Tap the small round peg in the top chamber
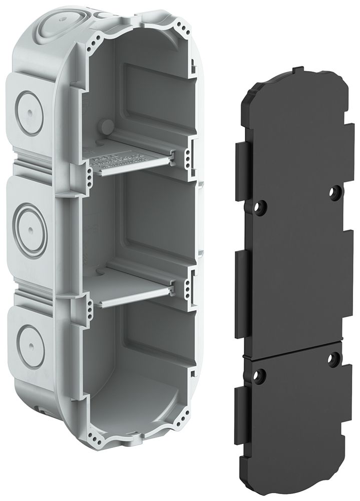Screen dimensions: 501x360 (x=106, y=125)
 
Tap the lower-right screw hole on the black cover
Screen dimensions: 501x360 (x=333, y=358)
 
